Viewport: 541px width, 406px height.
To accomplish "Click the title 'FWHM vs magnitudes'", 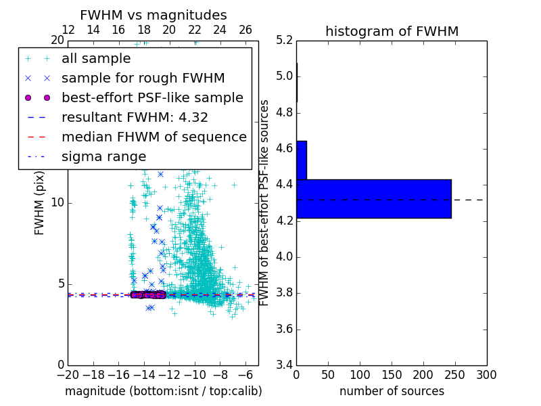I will point(154,16).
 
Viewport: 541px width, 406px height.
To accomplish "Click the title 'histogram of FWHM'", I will point(392,32).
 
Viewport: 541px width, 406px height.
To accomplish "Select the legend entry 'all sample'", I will point(96,59).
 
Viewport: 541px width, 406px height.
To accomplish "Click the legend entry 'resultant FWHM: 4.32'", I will point(135,117).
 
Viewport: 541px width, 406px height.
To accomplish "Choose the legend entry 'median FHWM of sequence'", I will point(154,137).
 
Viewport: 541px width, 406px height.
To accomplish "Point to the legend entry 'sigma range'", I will point(103,157).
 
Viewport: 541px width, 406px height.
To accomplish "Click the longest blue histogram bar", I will point(373,199).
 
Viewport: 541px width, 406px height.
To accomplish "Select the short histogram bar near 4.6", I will point(302,160).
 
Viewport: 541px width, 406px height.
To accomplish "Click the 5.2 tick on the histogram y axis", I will point(284,40).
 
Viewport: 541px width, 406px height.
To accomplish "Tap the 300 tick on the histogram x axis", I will point(486,374).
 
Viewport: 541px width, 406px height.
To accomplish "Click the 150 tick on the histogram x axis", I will point(392,374).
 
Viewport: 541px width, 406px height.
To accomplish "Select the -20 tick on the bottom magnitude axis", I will point(68,374).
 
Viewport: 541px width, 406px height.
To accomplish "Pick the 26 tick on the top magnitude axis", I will point(245,30).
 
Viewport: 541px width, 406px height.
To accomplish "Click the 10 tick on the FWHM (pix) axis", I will point(58,203).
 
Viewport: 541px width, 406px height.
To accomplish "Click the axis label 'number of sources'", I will point(392,391).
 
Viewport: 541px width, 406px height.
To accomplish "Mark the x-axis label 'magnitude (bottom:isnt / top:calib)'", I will point(163,391).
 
